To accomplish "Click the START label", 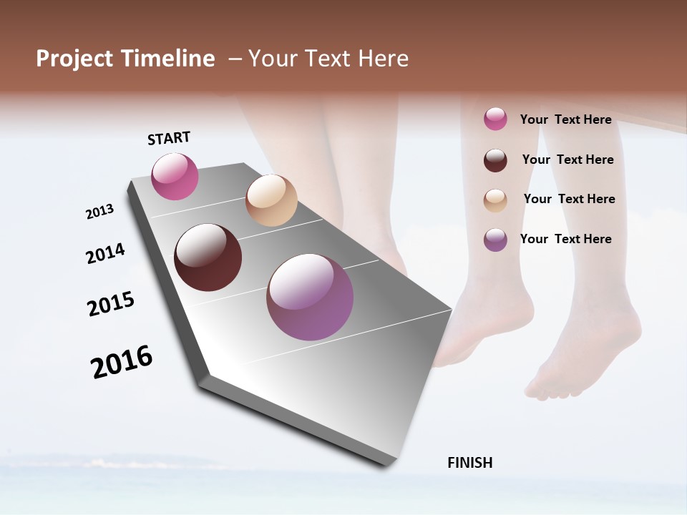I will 169,137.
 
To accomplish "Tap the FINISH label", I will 470,463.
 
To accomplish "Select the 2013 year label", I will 100,212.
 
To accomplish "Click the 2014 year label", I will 105,253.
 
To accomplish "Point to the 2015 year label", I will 111,304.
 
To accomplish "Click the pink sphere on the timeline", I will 175,177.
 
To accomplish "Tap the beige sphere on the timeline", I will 271,200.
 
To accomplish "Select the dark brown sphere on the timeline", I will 208,257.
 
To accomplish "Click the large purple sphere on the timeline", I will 310,297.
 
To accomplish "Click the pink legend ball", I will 495,119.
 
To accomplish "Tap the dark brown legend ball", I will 495,160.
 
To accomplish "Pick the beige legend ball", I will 495,200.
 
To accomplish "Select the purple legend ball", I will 495,240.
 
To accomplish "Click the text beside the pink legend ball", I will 565,119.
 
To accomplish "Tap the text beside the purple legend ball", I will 565,239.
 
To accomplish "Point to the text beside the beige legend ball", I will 569,199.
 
